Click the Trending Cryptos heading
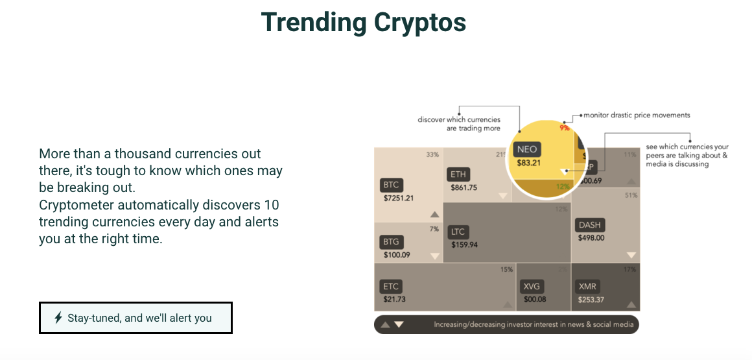[x=363, y=23]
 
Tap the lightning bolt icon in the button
[x=58, y=318]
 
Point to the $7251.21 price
[x=399, y=198]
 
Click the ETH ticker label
[x=459, y=174]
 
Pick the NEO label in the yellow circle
[x=527, y=149]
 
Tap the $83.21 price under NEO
[x=529, y=163]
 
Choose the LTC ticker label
[x=458, y=232]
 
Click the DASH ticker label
[x=590, y=225]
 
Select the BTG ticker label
[x=392, y=242]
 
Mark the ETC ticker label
[x=392, y=286]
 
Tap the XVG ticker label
[x=532, y=286]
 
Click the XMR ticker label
[x=588, y=286]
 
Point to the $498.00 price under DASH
[x=591, y=238]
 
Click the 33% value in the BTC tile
[x=432, y=155]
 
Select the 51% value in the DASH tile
[x=630, y=195]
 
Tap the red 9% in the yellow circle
[x=565, y=128]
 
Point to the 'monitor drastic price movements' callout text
[x=637, y=115]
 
